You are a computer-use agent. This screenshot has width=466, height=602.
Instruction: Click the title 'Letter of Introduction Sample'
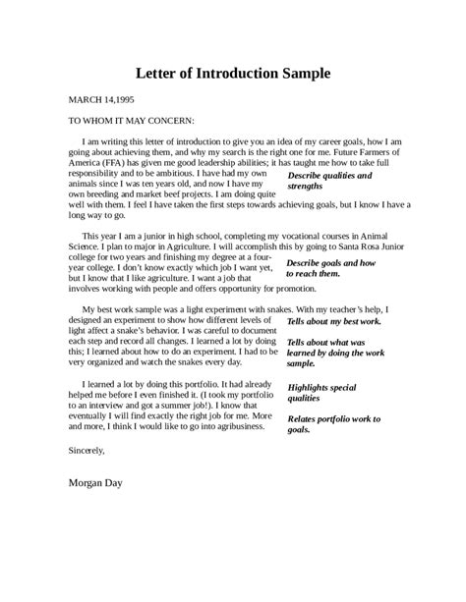click(233, 73)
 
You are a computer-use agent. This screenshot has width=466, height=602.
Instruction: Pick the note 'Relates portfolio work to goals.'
click(334, 423)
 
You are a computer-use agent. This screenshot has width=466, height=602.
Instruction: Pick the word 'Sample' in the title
click(306, 73)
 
